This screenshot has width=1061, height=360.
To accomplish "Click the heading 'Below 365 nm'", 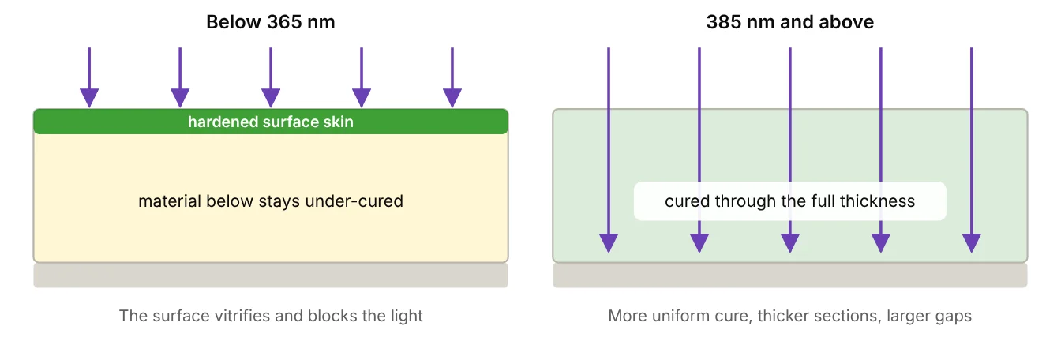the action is (271, 22).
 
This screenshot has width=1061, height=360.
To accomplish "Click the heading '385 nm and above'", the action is (790, 22).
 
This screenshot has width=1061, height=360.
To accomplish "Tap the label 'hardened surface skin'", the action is (271, 122).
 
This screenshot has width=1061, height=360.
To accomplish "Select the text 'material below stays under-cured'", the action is (271, 201).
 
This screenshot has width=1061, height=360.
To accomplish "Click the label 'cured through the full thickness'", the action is (790, 201).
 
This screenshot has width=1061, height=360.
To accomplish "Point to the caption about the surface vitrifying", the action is (271, 316).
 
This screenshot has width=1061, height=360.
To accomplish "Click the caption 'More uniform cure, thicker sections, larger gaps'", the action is (790, 316).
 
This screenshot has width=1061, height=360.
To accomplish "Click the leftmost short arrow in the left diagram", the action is (89, 77).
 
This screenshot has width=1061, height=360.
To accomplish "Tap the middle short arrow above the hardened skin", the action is (271, 77).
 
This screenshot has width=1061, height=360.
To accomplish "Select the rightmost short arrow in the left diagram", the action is (452, 77).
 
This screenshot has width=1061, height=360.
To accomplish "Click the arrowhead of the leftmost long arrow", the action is (609, 243).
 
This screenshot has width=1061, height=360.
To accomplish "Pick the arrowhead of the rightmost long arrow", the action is (972, 243).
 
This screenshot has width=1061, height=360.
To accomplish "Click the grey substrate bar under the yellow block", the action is (271, 276).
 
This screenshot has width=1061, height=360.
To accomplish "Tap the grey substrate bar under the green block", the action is (790, 276).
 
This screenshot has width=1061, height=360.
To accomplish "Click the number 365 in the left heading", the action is (283, 22).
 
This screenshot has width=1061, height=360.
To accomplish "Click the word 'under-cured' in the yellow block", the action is (354, 201).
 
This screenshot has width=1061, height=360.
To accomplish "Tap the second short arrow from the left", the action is (180, 77).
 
